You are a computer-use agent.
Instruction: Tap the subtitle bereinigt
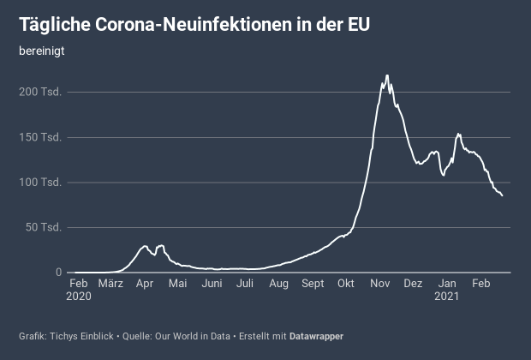tap(42, 50)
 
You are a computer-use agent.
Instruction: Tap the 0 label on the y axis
tap(58, 273)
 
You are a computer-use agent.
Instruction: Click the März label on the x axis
tap(110, 284)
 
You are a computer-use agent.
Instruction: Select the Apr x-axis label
tap(145, 284)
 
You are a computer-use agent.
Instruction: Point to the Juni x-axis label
tap(212, 284)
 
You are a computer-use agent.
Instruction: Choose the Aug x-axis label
tap(278, 284)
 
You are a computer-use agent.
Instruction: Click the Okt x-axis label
tap(346, 284)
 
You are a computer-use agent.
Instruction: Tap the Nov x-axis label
tap(379, 284)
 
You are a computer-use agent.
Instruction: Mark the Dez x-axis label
tap(413, 284)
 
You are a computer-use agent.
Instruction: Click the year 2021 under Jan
tap(446, 297)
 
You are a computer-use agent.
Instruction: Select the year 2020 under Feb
tap(79, 297)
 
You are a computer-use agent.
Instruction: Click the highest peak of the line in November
tap(387, 75)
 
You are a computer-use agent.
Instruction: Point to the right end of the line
tap(502, 195)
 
